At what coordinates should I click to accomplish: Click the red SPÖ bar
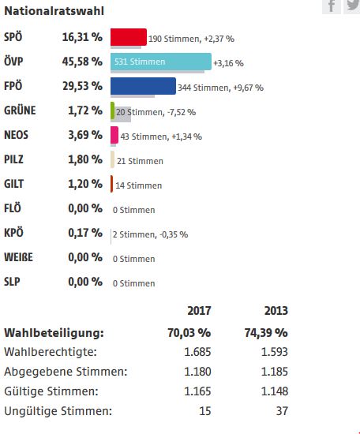point(129,37)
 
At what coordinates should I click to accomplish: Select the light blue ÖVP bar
point(161,62)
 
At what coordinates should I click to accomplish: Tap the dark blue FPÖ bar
point(143,86)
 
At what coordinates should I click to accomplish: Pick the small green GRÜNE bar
point(112,110)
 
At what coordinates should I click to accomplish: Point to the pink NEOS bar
point(114,135)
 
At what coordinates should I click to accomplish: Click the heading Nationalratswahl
point(54,11)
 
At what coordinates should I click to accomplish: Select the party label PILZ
point(13,159)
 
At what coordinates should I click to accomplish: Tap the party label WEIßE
point(18,257)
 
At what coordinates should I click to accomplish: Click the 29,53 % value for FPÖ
point(83,86)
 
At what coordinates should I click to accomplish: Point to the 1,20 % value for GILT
point(85,184)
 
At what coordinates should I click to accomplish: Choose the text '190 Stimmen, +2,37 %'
point(191,39)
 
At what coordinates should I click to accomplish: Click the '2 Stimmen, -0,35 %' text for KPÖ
point(150,234)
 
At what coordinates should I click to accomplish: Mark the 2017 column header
point(199,311)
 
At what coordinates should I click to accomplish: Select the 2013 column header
point(276,311)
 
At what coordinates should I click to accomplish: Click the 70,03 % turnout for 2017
point(189,333)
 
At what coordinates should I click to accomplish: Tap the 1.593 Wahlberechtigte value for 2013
point(275,352)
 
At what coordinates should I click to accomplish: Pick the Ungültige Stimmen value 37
point(282,411)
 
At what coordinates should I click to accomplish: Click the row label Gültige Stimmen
point(51,391)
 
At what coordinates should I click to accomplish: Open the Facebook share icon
point(332,6)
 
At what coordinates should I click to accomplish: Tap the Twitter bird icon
point(352,6)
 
